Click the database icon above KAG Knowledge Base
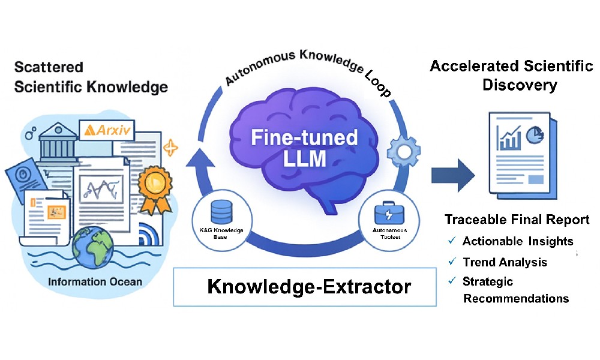(220, 211)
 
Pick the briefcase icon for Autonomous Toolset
(385, 213)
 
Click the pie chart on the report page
(534, 136)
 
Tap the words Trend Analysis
(505, 262)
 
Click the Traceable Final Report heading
(517, 220)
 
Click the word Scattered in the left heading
(49, 67)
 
